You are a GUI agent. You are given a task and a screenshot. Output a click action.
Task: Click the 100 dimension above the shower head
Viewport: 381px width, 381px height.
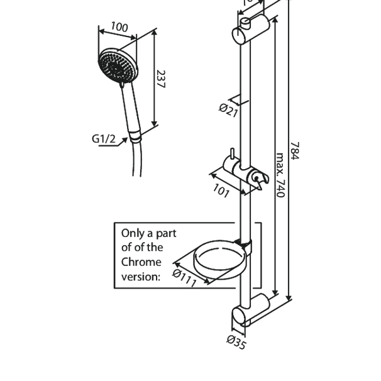point(119,27)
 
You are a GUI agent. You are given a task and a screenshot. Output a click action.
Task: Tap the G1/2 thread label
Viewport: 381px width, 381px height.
point(104,138)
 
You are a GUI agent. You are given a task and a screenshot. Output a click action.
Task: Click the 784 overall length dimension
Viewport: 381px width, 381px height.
point(295,150)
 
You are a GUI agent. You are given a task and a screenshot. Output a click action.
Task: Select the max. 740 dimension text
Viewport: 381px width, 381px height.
point(280,174)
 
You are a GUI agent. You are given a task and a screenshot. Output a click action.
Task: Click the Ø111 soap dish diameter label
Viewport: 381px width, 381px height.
point(185,277)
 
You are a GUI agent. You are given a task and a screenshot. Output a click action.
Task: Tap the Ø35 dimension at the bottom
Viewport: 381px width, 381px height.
point(236,343)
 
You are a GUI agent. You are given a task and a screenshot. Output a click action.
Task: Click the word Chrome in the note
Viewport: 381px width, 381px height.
point(141,262)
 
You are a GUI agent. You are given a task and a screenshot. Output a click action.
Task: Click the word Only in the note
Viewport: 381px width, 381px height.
point(133,233)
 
